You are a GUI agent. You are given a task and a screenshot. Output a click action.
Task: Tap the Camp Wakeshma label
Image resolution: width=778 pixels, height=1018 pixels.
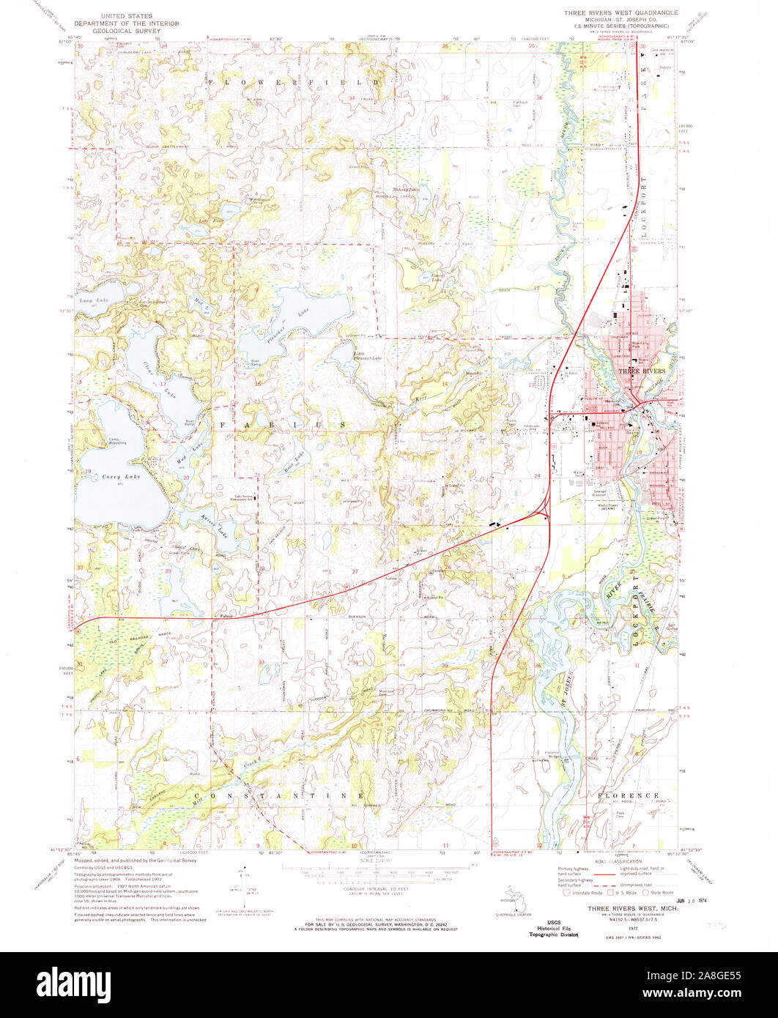[x=98, y=442]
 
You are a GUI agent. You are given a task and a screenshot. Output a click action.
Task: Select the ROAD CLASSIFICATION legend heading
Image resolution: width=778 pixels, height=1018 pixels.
[x=614, y=862]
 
